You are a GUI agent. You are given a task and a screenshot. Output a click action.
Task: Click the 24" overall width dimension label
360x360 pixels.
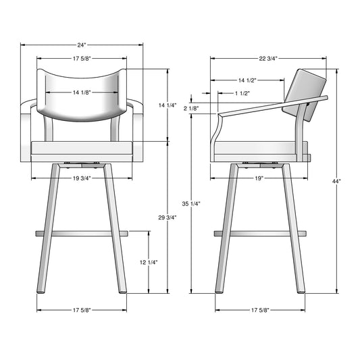pyautogui.click(x=82, y=45)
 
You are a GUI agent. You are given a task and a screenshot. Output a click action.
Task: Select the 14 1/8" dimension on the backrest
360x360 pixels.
pyautogui.click(x=82, y=93)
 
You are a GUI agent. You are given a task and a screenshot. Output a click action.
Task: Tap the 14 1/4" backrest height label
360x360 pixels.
pyautogui.click(x=168, y=105)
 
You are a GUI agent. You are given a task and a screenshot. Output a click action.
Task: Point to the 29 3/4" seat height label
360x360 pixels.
pyautogui.click(x=168, y=217)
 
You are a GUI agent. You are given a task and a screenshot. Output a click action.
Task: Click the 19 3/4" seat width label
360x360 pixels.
pyautogui.click(x=82, y=178)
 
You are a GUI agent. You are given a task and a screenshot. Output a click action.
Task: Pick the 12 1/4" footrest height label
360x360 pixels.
pyautogui.click(x=149, y=262)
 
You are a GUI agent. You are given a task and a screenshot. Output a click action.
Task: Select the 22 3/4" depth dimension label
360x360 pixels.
pyautogui.click(x=268, y=59)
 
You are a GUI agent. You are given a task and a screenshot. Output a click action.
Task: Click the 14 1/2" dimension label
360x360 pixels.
pyautogui.click(x=247, y=80)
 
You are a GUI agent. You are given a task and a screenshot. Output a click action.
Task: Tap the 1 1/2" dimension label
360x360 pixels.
pyautogui.click(x=242, y=93)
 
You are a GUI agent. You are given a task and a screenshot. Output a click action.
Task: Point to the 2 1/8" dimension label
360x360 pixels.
pyautogui.click(x=191, y=108)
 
